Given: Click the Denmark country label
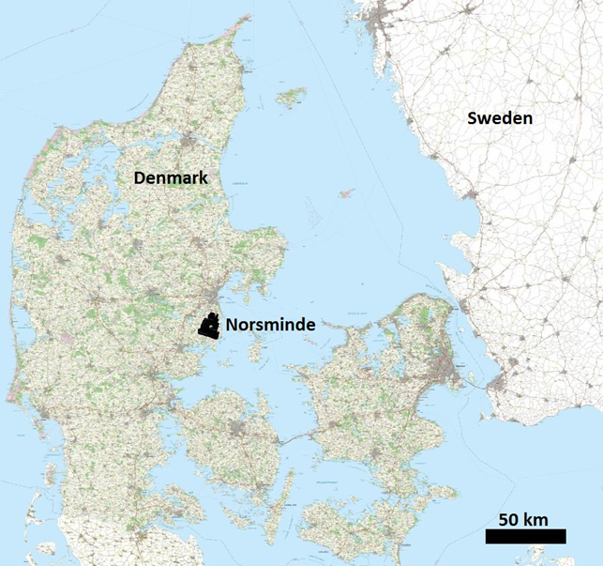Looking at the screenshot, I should point(171,176).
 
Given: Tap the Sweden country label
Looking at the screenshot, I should point(501,118).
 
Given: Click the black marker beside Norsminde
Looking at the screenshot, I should point(210,326).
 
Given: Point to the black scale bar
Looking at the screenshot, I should point(525,536).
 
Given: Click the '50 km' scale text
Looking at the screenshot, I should point(523,519).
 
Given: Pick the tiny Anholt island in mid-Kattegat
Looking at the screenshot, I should point(346,193).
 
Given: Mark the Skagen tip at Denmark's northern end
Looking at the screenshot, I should point(249,19).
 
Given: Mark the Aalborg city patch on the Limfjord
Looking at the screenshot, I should point(192,144).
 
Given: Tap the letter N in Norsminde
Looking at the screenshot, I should point(231,325).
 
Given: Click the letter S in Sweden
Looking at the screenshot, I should point(474,118).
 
